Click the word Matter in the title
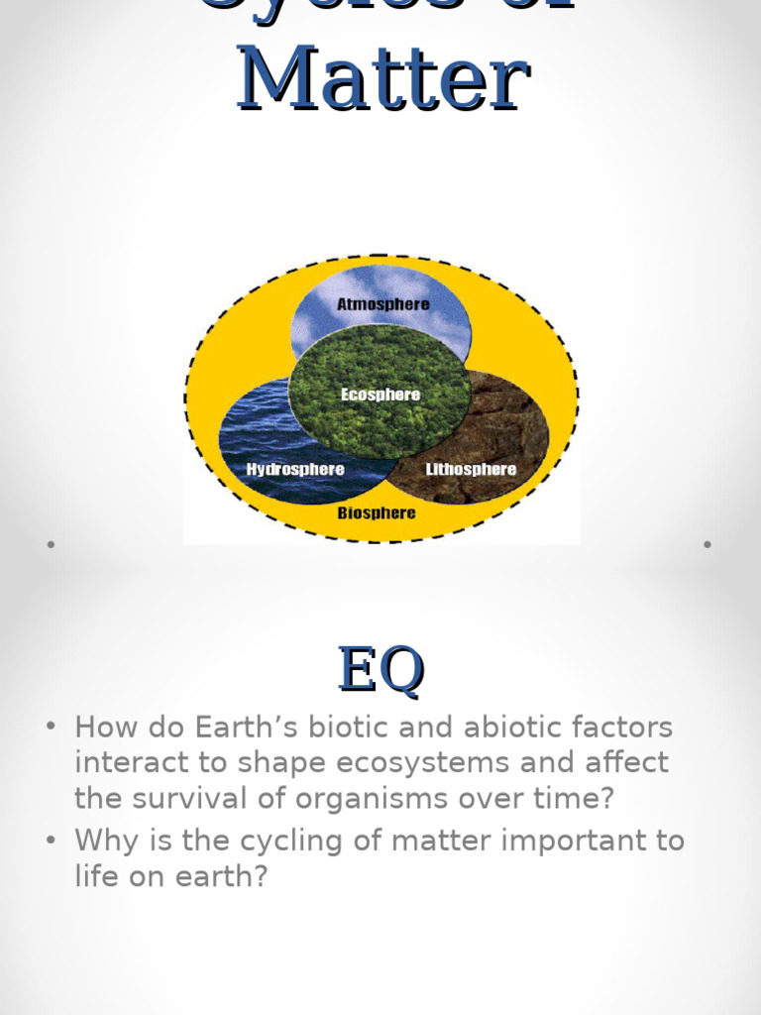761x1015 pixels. pos(382,77)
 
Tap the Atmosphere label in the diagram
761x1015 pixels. pos(382,303)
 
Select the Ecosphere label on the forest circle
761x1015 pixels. pos(380,395)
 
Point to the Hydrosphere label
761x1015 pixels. pos(295,469)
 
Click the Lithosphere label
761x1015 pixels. pos(471,469)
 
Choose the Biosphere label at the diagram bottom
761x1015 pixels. pos(377,513)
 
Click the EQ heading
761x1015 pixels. pos(380,670)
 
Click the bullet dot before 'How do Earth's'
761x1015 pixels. pos(51,728)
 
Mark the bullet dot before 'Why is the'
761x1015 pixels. pos(51,841)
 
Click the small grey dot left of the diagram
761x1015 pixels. pos(49,544)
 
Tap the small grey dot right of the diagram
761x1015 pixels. pos(707,544)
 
